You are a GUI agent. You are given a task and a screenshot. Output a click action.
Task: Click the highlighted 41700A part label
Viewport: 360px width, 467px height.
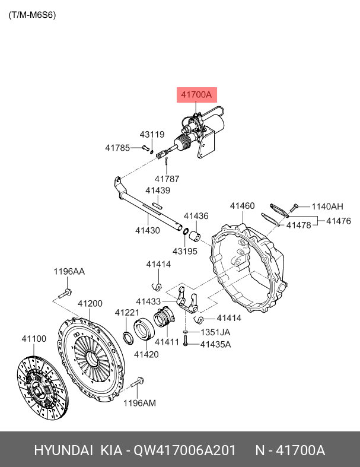[x=196, y=95]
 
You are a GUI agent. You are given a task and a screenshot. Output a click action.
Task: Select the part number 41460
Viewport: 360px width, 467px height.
[x=242, y=206]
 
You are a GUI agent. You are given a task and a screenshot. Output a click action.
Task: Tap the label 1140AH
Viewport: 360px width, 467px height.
[x=327, y=207]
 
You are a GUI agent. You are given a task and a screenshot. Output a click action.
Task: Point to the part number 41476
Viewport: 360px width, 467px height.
[x=339, y=221]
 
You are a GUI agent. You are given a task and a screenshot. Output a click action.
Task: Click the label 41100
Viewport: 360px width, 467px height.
[x=34, y=339]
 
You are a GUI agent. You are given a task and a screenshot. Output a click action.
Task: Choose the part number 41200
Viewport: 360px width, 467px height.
[x=90, y=304]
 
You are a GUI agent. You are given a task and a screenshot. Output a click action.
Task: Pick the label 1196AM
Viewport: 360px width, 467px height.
[x=139, y=404]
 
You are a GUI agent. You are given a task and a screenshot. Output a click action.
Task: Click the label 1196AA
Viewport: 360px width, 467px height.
[x=69, y=271]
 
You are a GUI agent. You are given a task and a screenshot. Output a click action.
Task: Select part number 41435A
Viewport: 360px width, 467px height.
[x=215, y=344]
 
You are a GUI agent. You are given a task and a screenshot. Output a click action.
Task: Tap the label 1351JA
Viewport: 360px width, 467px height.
[x=215, y=332]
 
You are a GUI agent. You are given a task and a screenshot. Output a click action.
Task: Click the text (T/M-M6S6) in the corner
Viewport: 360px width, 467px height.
[x=32, y=15]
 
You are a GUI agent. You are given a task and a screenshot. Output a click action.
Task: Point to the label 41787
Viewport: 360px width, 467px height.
[x=167, y=179]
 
